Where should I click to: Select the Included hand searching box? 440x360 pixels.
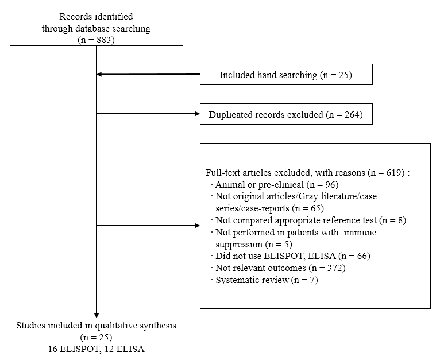(286, 75)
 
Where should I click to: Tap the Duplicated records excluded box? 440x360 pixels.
(286, 114)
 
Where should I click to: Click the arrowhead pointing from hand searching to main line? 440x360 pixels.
(99, 75)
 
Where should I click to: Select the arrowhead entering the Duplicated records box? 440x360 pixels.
(197, 114)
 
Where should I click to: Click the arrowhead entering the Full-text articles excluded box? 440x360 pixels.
(197, 226)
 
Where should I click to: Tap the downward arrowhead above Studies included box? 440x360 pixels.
(97, 315)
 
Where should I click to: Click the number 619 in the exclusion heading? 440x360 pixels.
(393, 172)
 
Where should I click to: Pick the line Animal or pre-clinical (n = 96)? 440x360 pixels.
(277, 185)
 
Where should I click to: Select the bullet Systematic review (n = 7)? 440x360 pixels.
(267, 280)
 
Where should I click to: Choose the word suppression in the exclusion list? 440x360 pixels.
(239, 245)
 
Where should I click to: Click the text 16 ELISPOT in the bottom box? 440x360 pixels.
(73, 349)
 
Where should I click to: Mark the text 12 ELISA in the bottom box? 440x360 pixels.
(130, 349)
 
